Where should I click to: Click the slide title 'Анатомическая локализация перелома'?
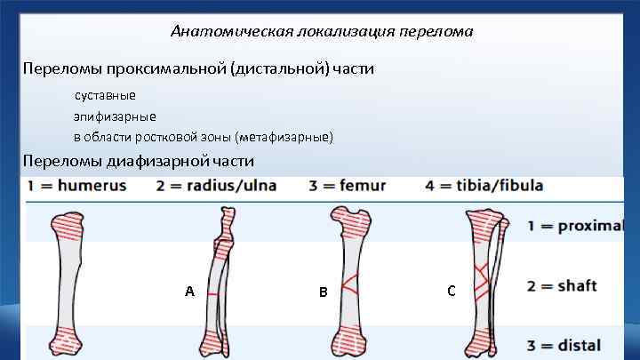tap(322, 32)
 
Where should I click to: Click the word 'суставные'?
tap(105, 95)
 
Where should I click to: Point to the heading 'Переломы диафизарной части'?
tap(139, 162)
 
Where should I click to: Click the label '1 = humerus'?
tap(76, 187)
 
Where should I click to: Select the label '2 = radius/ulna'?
tap(216, 187)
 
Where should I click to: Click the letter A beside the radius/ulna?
tap(189, 292)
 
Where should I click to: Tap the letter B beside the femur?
tap(324, 292)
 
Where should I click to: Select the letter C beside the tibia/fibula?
tap(452, 291)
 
